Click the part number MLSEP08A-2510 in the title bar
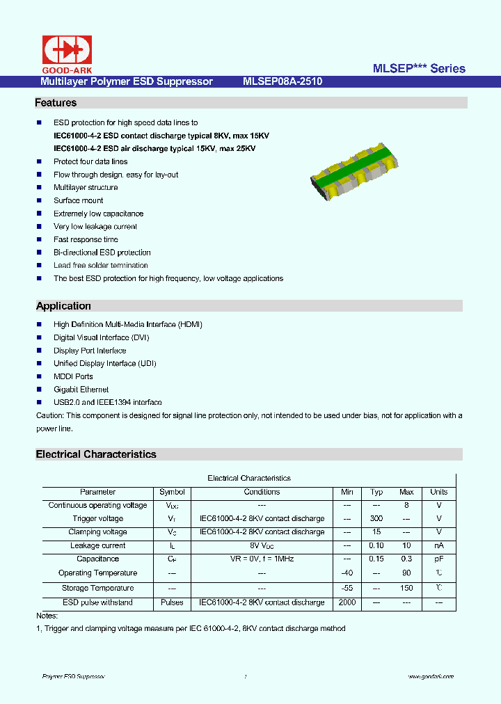coord(282,81)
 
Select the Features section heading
coord(56,103)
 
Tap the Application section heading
coord(63,306)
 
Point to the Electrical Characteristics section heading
coord(96,454)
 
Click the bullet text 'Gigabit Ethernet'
coord(81,390)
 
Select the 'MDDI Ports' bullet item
coord(73,376)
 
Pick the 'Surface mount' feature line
coord(78,200)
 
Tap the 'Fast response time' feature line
coord(86,239)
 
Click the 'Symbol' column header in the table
coord(172,492)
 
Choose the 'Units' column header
coord(438,492)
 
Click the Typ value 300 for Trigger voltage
coord(376,518)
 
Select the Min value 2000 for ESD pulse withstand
coord(347,602)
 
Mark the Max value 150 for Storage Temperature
coord(406,589)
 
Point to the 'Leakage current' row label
coord(97,546)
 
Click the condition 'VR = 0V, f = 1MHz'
coord(262,559)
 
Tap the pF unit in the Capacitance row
coord(438,559)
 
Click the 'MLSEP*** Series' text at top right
coord(419,68)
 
